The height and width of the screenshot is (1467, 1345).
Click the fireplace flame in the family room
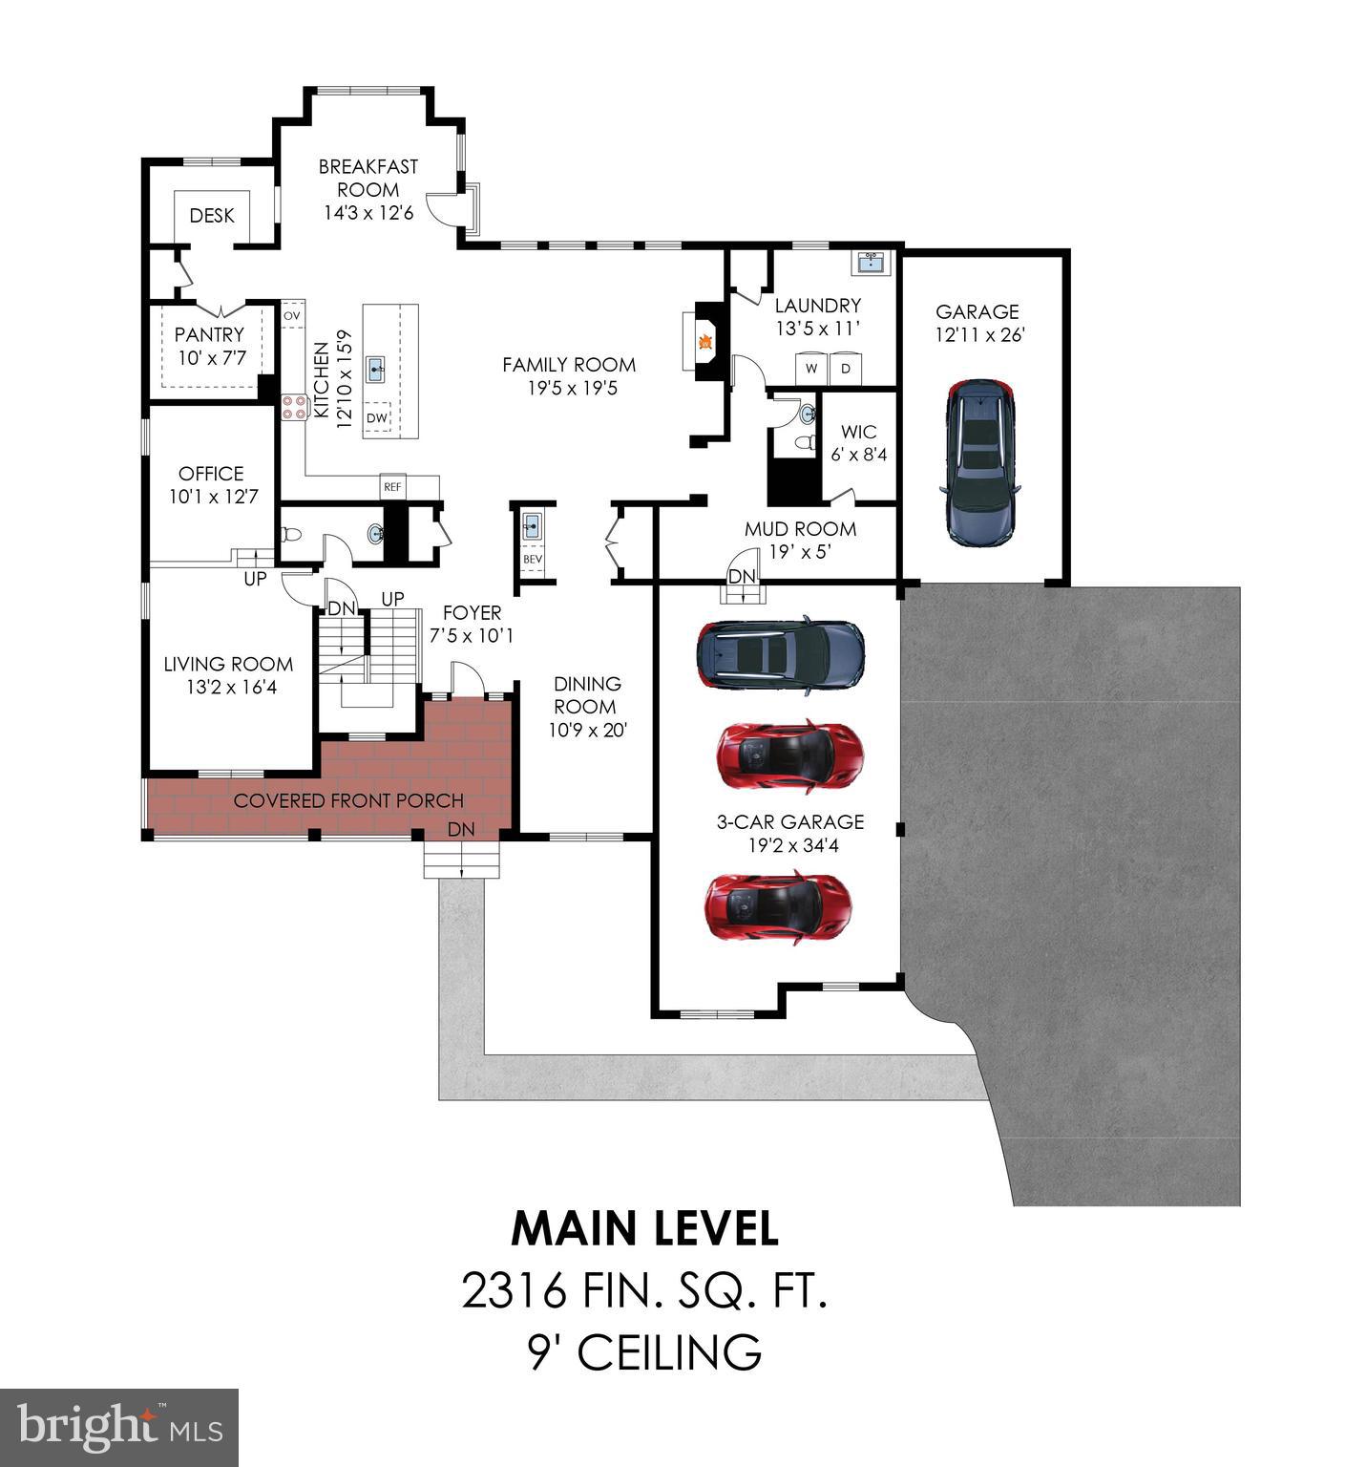point(705,341)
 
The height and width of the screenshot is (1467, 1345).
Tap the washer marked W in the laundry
point(811,368)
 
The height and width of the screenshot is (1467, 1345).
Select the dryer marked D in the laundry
point(846,368)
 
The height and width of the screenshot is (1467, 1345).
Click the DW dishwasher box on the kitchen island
point(378,417)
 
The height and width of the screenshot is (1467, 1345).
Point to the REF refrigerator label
point(392,487)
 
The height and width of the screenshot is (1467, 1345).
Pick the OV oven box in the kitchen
point(291,315)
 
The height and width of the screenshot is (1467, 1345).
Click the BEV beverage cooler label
point(532,560)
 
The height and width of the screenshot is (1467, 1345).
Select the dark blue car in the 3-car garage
point(781,654)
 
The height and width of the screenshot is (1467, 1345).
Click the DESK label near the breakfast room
point(212,216)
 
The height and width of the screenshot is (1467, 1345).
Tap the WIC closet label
point(859,432)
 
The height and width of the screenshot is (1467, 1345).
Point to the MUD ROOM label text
point(800,529)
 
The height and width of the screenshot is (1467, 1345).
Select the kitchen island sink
point(377,366)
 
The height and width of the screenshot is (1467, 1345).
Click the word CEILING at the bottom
point(669,1352)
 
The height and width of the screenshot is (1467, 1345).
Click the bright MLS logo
point(119,1427)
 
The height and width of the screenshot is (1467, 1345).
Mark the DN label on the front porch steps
point(461,829)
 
